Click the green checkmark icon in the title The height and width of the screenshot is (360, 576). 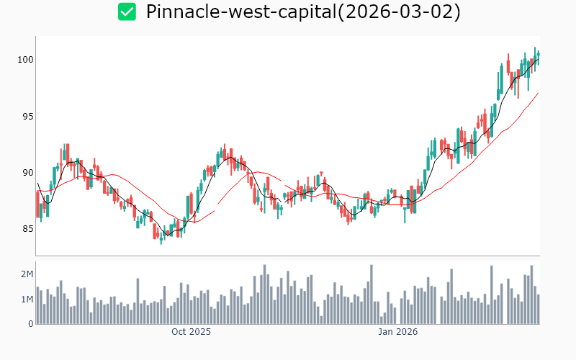click(x=127, y=12)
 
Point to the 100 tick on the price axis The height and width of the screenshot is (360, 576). click(x=26, y=60)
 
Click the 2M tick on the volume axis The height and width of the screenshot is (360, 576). click(x=27, y=274)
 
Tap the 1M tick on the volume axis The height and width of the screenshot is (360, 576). click(x=27, y=299)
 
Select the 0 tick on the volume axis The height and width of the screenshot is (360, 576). click(x=31, y=323)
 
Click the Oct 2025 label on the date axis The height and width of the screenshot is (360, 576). click(x=191, y=332)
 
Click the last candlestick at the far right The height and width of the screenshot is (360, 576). click(x=538, y=57)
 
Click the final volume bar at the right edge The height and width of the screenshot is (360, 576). click(x=538, y=309)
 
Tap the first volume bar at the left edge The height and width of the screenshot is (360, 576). click(x=37, y=305)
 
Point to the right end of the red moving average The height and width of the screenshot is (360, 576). click(x=538, y=93)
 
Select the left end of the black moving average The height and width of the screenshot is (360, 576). click(x=37, y=184)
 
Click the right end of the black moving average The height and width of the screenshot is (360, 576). click(x=538, y=59)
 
